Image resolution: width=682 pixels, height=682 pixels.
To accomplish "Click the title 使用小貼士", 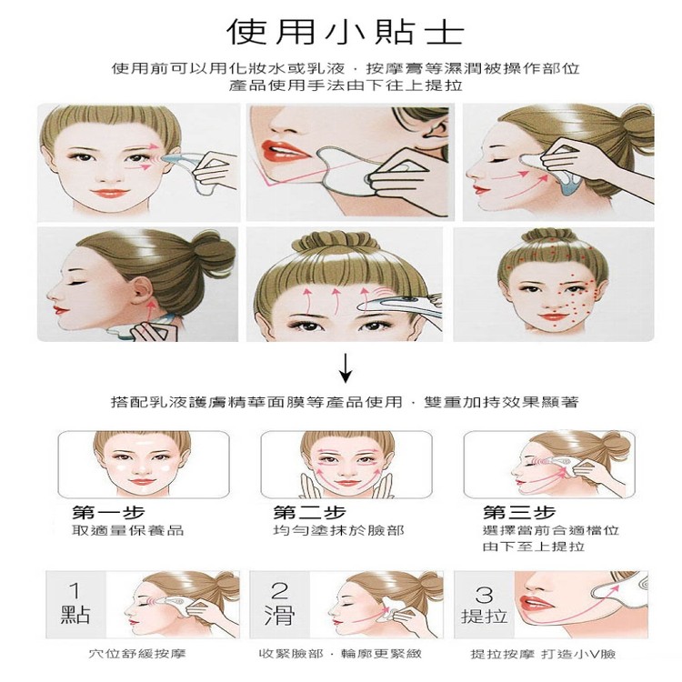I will point(344,32).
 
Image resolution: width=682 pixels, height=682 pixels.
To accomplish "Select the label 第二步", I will point(310,513).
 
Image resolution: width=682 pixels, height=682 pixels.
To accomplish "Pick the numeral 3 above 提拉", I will point(484,594).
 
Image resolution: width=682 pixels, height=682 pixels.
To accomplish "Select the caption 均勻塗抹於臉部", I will point(325,530).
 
